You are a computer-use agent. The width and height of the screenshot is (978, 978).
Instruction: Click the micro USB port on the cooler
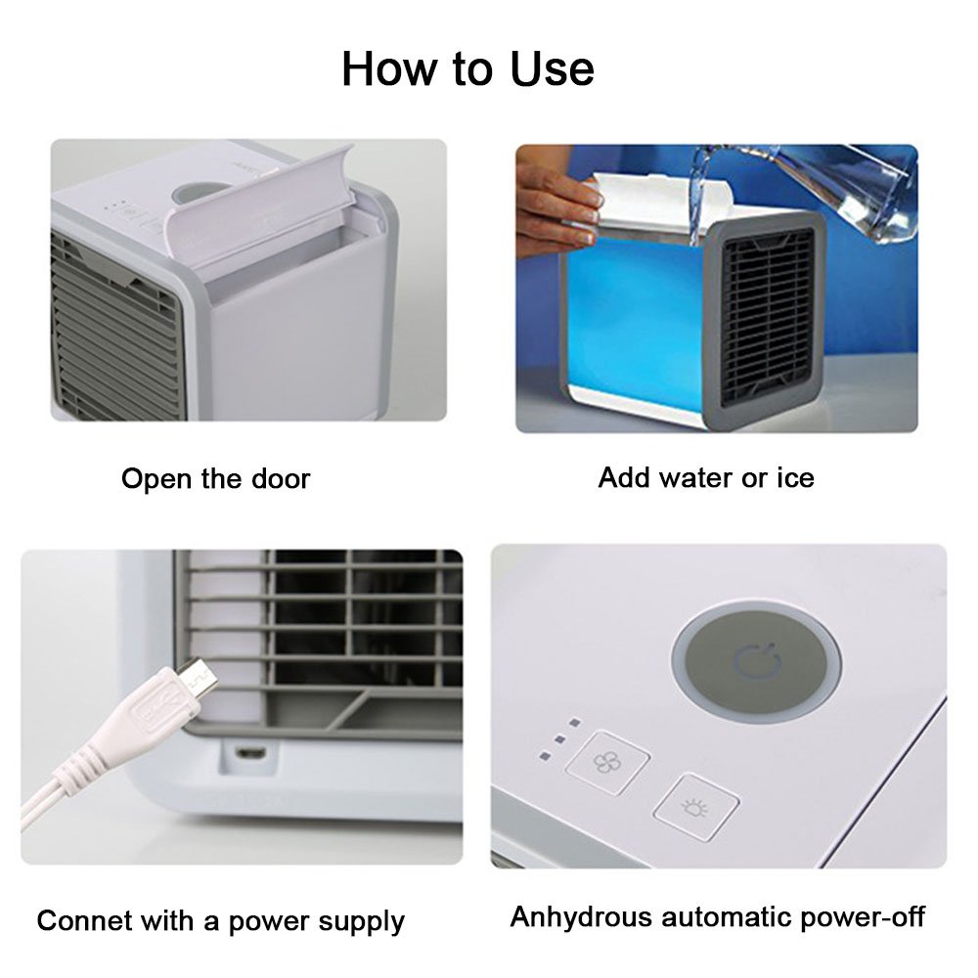251,754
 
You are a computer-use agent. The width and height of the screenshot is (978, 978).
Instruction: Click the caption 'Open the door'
215,479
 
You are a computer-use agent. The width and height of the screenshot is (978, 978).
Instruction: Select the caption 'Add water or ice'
705,477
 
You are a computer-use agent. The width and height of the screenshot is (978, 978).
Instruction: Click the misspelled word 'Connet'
80,920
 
